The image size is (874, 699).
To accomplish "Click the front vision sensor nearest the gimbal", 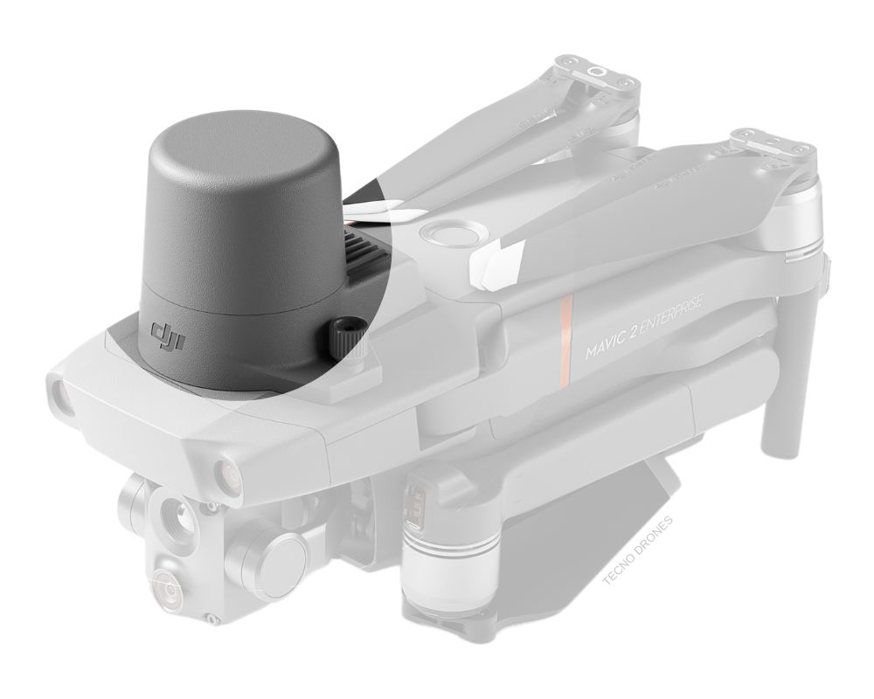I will [x=222, y=471].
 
